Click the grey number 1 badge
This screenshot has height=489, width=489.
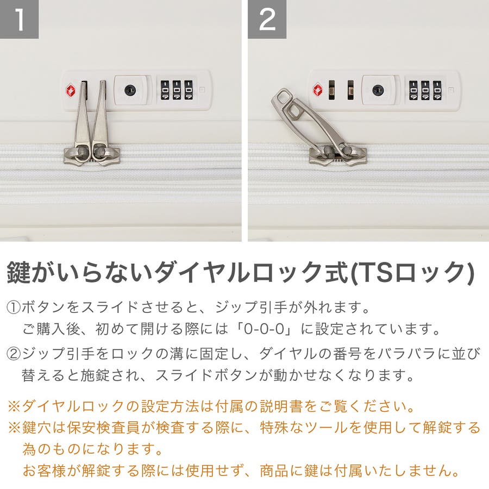point(19,19)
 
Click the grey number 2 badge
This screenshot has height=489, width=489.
point(267,19)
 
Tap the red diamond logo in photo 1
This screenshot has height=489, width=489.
point(71,90)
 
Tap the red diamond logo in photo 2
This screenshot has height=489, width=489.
point(318,90)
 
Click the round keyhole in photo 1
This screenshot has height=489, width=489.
point(130,90)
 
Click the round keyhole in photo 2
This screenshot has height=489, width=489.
point(378,90)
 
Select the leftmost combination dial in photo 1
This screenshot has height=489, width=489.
point(165,90)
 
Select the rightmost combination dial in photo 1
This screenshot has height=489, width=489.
point(189,90)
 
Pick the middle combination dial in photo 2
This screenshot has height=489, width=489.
point(425,90)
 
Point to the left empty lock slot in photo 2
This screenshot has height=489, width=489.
point(332,90)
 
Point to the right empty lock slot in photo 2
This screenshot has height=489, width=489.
point(350,90)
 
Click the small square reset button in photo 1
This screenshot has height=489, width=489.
point(202,90)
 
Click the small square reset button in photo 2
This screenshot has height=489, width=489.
point(450,90)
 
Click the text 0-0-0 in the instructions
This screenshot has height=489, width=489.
point(264,329)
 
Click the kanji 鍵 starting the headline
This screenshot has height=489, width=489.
point(18,272)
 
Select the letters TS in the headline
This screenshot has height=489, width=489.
point(374,272)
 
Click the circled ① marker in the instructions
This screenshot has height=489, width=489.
point(14,308)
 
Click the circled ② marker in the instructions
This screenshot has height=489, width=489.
point(14,354)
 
